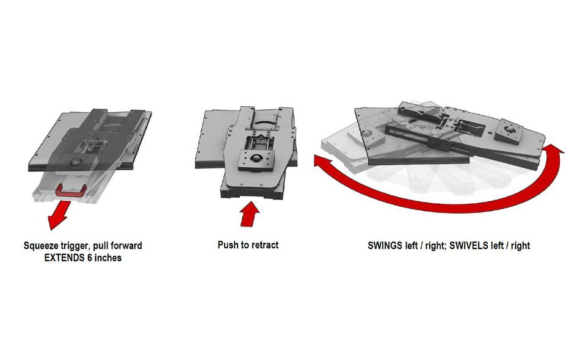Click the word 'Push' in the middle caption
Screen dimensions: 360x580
pyautogui.click(x=228, y=245)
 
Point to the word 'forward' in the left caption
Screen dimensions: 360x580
pyautogui.click(x=126, y=246)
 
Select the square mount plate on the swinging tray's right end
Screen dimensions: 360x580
pyautogui.click(x=508, y=131)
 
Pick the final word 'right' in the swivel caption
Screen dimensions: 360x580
pyautogui.click(x=520, y=246)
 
